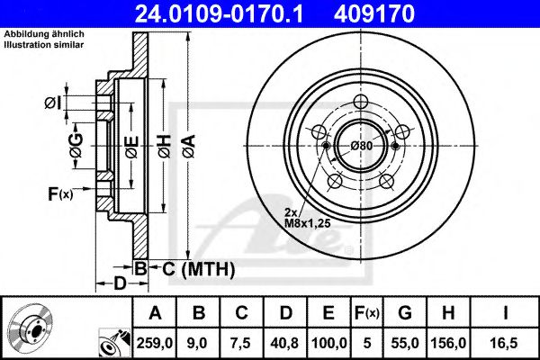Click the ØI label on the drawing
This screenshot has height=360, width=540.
[54, 103]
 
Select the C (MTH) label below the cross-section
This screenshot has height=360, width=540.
[194, 268]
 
